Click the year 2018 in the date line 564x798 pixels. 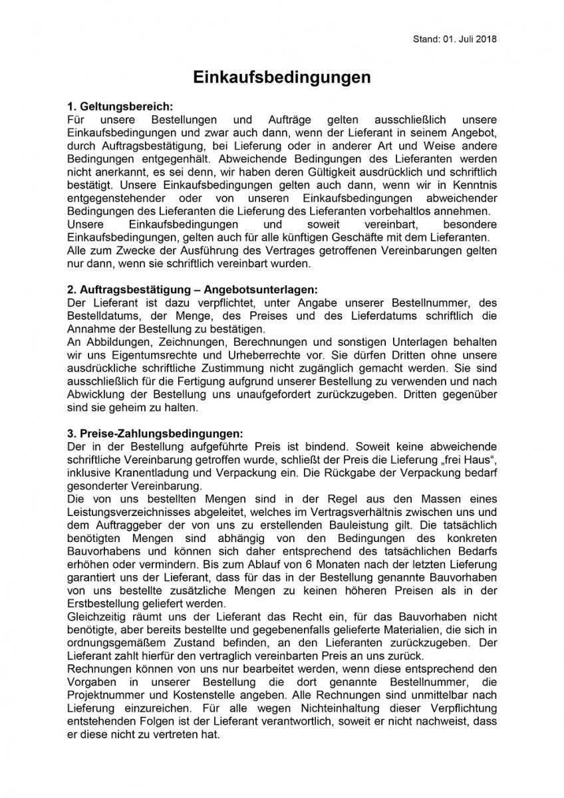point(486,39)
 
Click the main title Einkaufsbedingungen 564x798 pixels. point(281,78)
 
